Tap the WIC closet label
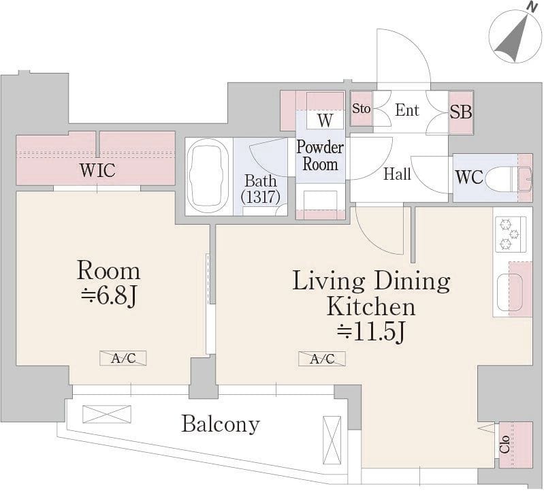(x=97, y=170)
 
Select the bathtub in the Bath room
(x=208, y=177)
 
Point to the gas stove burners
(x=510, y=234)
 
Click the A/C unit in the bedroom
(x=123, y=358)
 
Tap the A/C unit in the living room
(x=322, y=359)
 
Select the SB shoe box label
(x=461, y=112)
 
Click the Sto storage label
(x=361, y=109)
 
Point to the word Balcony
(x=221, y=425)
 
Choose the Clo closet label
(x=505, y=445)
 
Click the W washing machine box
(x=325, y=120)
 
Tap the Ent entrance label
(x=407, y=110)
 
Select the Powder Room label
(x=320, y=156)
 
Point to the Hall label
(x=397, y=174)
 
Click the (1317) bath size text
(x=261, y=197)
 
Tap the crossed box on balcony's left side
(x=107, y=414)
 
